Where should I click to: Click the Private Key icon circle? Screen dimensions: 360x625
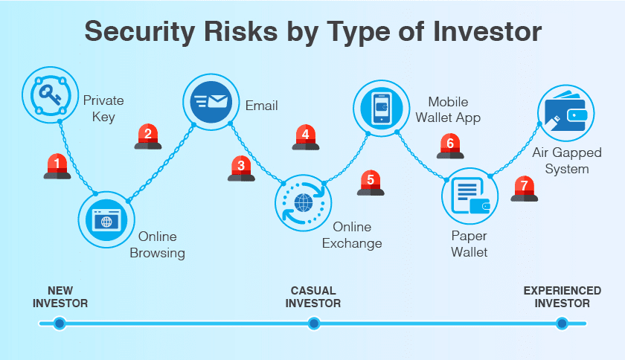click(48, 94)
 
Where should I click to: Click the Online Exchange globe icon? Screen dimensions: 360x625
click(303, 202)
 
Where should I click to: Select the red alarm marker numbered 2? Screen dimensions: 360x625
click(148, 136)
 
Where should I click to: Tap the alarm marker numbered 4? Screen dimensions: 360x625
click(306, 137)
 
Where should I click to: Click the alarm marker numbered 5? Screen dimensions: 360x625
click(371, 182)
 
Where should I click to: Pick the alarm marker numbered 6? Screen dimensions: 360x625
click(450, 146)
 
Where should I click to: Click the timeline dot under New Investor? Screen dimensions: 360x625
click(60, 324)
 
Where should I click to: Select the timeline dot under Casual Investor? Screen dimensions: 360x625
click(314, 324)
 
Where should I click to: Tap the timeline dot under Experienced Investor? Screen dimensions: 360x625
click(562, 324)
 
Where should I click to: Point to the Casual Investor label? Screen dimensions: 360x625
click(313, 297)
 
